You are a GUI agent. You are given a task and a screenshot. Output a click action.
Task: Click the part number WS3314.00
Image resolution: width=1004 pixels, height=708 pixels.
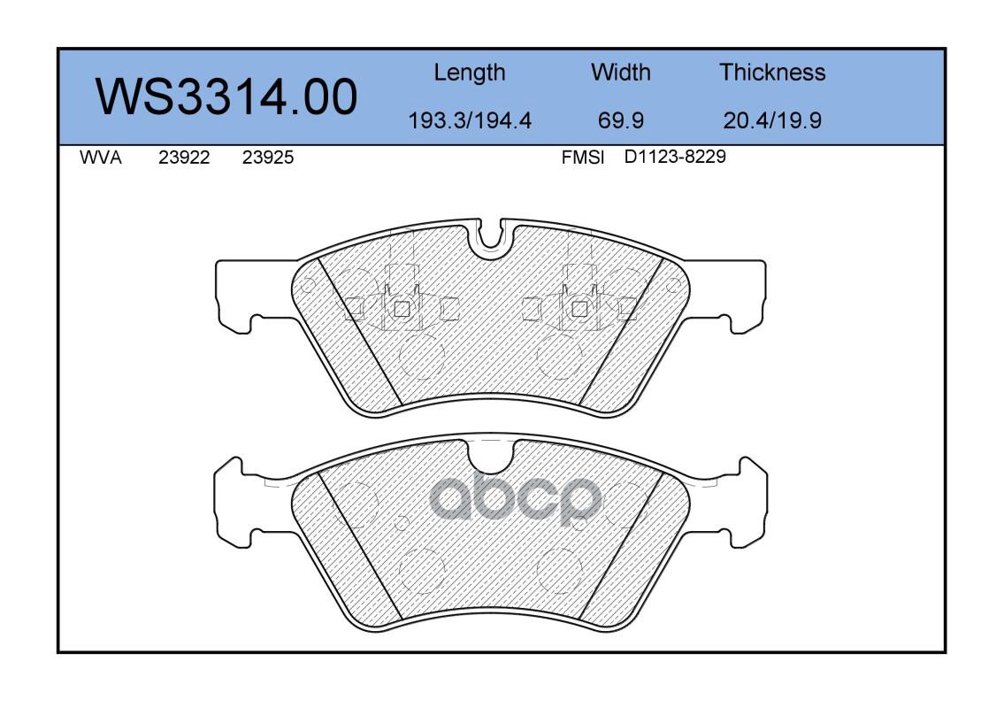(x=226, y=96)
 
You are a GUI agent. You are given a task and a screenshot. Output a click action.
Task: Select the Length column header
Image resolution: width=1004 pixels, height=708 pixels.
(x=470, y=73)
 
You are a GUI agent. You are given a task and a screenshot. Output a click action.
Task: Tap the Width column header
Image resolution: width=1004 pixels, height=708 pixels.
(x=620, y=72)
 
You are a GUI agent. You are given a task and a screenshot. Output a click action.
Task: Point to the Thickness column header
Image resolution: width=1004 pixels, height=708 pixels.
(x=772, y=72)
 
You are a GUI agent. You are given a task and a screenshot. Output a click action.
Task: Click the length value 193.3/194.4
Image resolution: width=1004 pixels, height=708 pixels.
(x=470, y=120)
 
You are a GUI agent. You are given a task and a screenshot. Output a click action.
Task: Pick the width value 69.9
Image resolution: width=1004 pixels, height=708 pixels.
(x=620, y=120)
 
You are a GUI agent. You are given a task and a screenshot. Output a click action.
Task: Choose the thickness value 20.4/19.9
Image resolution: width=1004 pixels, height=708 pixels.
(x=772, y=120)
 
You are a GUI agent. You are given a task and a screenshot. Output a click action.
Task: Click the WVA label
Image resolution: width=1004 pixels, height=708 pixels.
(x=101, y=158)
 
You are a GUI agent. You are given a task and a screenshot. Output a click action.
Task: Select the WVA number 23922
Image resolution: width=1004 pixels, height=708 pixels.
(x=184, y=158)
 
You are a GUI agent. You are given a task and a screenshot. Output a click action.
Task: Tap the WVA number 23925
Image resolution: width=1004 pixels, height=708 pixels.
(x=268, y=158)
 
